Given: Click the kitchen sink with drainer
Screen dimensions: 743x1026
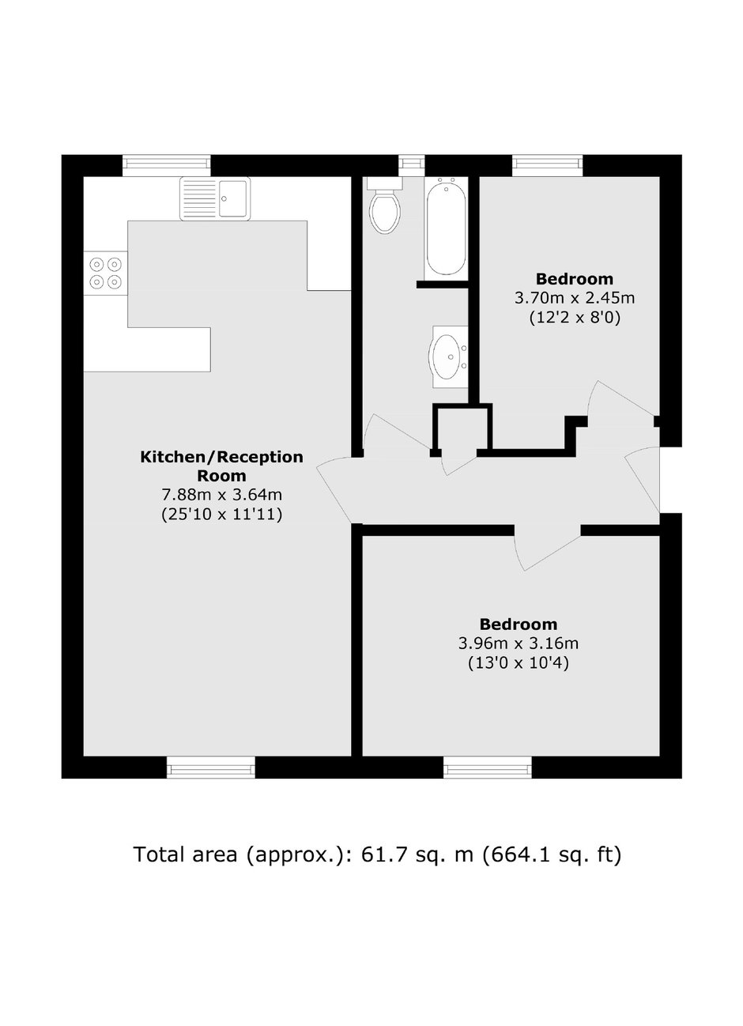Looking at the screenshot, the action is coord(215,198).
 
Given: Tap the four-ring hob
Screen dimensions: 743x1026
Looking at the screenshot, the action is coord(105,273).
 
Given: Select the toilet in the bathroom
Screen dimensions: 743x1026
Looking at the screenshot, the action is coord(385,206).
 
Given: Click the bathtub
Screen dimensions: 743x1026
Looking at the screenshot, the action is coord(446,228).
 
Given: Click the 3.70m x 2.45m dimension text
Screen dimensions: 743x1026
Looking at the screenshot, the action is coord(575,298).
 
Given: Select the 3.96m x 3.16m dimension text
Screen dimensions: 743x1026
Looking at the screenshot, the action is coord(518,643).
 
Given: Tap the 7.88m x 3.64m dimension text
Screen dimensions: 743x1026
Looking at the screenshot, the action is coord(221,495).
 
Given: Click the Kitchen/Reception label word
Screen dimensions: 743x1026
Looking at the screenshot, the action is coord(221,457).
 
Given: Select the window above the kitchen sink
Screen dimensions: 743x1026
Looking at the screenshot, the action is coord(166,166).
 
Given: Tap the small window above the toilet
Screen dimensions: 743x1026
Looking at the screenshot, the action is coord(411,166).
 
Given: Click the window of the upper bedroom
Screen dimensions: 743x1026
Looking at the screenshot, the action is coord(548,166).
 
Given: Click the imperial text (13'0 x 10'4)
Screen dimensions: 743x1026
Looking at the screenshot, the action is coord(518,662).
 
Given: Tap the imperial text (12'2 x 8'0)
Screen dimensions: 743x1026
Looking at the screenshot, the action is coord(575,318).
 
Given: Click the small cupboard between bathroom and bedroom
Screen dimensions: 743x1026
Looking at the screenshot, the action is coord(462,428).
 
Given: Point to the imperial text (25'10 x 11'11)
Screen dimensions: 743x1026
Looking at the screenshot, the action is coord(221,515).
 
